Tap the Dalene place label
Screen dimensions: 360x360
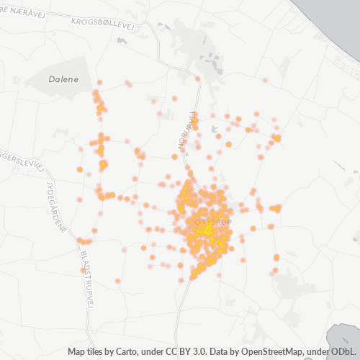pyautogui.click(x=63, y=78)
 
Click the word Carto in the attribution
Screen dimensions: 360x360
pyautogui.click(x=140, y=352)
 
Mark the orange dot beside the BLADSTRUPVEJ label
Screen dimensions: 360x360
pyautogui.click(x=83, y=270)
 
